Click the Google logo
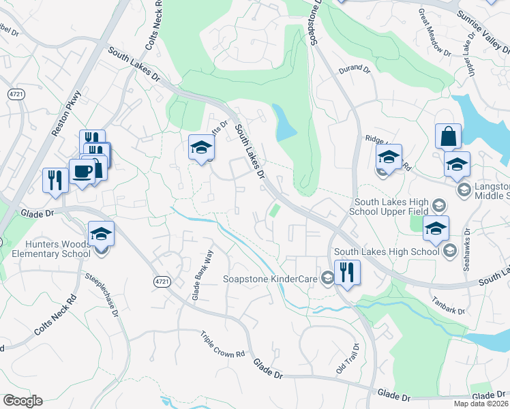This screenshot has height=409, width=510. click(22, 401)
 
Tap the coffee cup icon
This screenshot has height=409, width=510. click(82, 171)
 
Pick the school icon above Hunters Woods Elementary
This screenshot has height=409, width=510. click(101, 234)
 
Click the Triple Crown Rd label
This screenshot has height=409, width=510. click(222, 345)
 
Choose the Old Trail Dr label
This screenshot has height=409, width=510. click(348, 359)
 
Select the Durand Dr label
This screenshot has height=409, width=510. click(353, 69)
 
